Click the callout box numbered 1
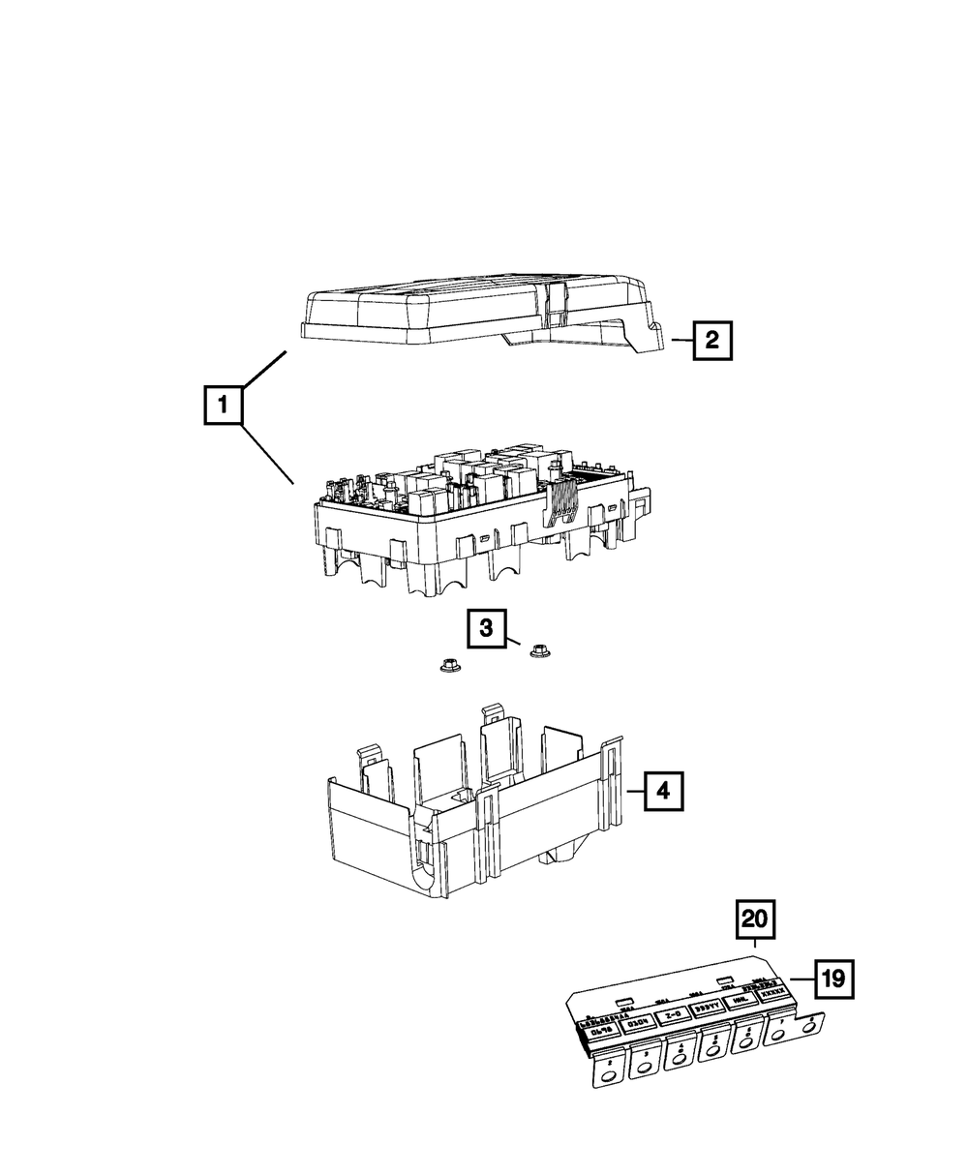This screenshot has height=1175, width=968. (x=223, y=406)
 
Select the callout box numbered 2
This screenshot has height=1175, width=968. (x=711, y=340)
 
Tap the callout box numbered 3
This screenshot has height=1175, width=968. (x=486, y=629)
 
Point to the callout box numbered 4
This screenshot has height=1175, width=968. (x=662, y=791)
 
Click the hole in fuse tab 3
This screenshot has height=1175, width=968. (x=645, y=1069)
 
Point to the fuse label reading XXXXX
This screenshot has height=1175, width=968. (x=772, y=993)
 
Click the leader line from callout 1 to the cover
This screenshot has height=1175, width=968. (x=264, y=370)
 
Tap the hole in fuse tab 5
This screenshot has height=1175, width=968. (x=712, y=1052)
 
